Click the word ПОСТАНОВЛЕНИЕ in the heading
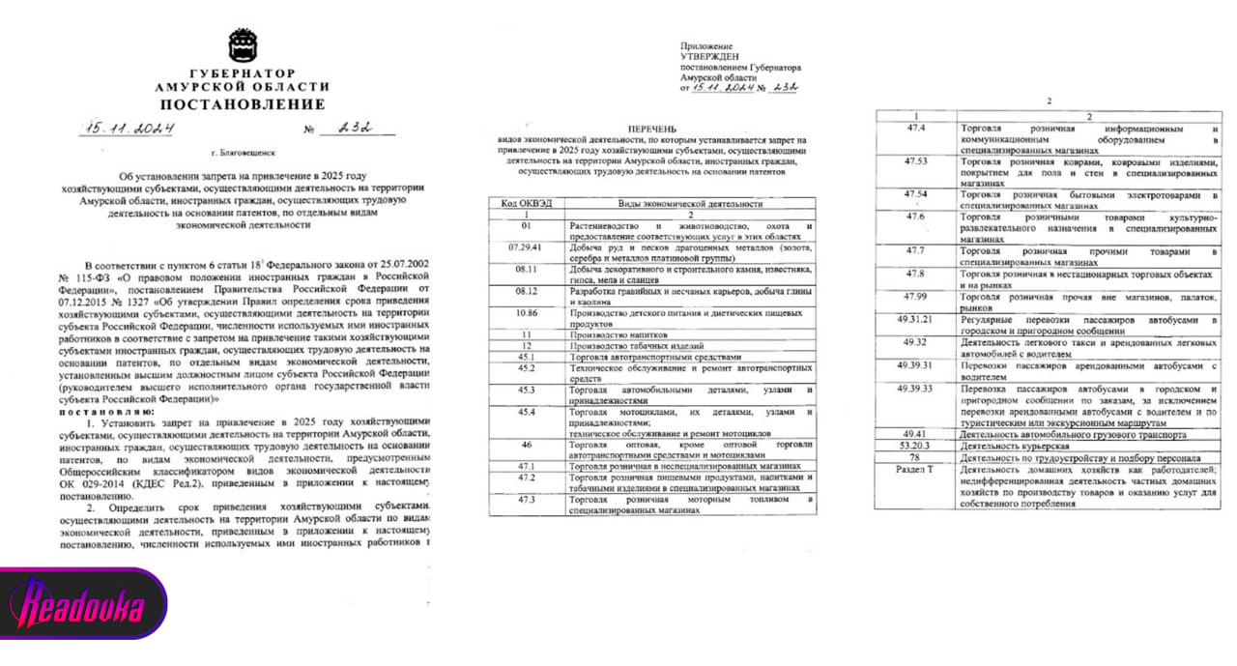242,104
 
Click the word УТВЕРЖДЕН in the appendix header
711,57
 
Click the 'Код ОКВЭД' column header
526,205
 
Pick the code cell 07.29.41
526,247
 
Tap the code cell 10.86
526,312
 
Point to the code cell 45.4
526,412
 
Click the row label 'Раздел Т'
915,469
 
